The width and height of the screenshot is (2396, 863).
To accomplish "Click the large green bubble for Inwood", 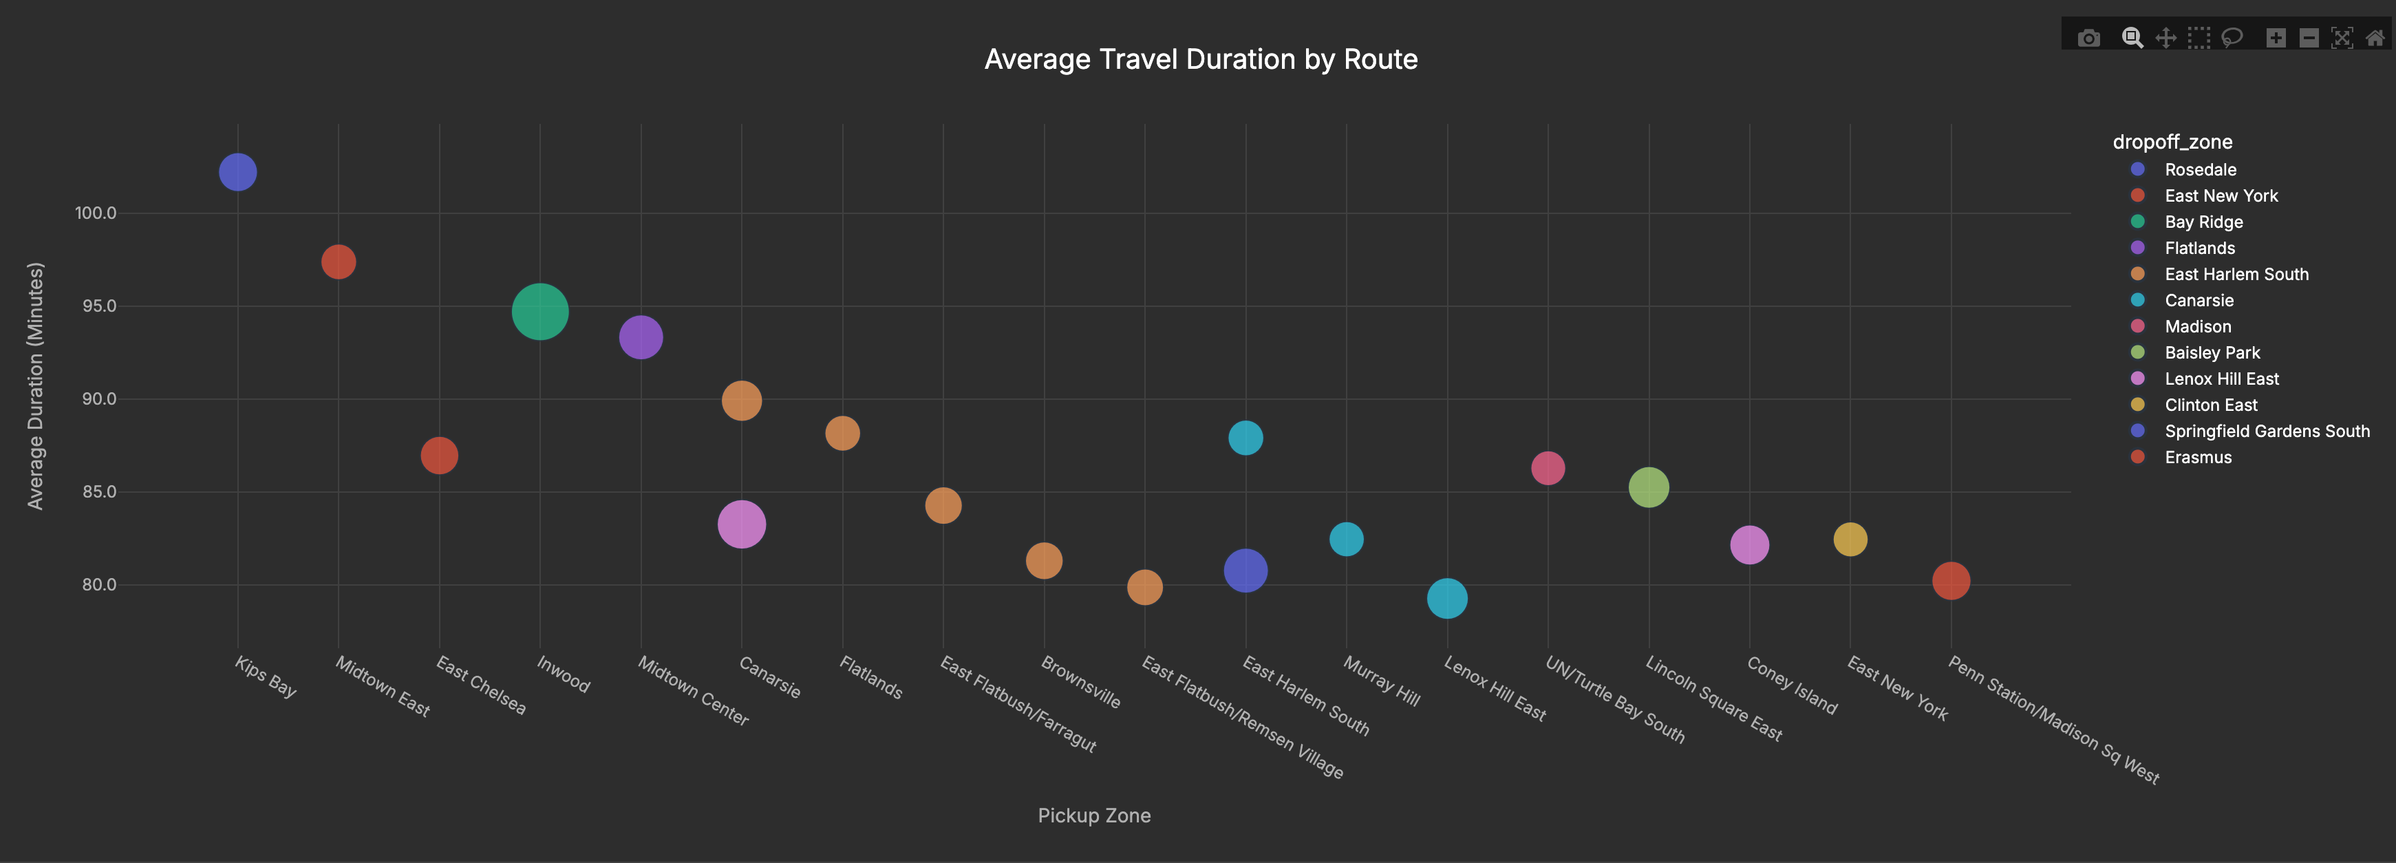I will point(539,312).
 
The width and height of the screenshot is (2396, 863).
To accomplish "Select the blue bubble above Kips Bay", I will point(237,172).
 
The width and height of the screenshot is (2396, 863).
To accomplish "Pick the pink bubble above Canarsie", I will point(741,524).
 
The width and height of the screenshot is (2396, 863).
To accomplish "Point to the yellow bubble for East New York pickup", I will point(1850,540).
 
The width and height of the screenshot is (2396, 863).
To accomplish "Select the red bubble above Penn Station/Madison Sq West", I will point(1951,582).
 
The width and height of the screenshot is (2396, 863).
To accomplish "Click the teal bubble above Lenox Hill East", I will point(1446,598).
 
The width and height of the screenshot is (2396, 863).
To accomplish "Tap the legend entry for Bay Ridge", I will point(2203,222).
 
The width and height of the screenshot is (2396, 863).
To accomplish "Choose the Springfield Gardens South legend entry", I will point(2266,431).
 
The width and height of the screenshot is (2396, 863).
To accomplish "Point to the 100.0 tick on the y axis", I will point(96,213).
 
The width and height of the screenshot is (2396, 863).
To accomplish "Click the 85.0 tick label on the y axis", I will point(98,492).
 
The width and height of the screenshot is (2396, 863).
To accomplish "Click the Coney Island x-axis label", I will point(1791,686).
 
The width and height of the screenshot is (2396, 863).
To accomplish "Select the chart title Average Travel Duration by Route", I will point(1200,59).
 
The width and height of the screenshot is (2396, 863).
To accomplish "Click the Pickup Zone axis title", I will point(1094,816).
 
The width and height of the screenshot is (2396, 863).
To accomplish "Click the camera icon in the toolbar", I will point(2089,38).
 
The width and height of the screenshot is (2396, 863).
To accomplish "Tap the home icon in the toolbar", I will point(2375,38).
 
